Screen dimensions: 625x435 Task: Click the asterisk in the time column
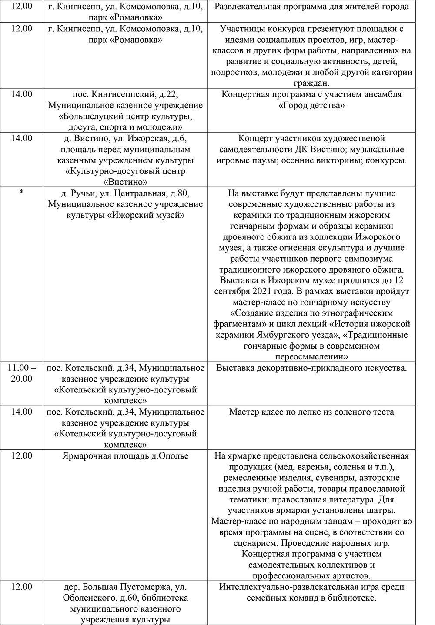coord(21,193)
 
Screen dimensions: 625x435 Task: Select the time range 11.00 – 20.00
coord(21,373)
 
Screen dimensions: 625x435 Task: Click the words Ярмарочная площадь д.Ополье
coord(125,455)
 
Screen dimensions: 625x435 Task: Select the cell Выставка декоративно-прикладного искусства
coord(311,368)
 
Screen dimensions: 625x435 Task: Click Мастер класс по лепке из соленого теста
coord(311,412)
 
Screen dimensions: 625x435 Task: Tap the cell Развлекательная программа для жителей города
coord(311,7)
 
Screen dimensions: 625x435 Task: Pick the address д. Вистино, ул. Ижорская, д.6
coord(125,139)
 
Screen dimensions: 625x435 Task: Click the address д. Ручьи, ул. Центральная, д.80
coord(125,193)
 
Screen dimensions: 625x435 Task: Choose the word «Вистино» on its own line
coord(125,182)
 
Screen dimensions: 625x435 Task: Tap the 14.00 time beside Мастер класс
coord(21,412)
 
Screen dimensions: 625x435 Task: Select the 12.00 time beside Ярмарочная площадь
coord(21,455)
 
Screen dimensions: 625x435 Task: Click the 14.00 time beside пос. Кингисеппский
coord(21,94)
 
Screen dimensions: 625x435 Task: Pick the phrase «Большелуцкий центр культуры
coord(125,116)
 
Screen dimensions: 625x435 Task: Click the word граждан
coord(311,83)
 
